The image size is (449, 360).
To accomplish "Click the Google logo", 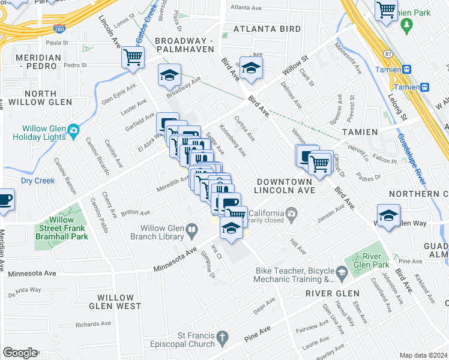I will pyautogui.click(x=20, y=353).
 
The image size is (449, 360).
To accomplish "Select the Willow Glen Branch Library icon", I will pyautogui.click(x=191, y=228).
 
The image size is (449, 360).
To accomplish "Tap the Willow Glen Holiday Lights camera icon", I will pyautogui.click(x=73, y=130).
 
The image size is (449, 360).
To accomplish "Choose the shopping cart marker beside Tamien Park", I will pyautogui.click(x=386, y=10).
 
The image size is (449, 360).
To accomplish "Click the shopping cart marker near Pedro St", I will pyautogui.click(x=132, y=58).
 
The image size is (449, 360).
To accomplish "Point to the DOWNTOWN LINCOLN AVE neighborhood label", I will pyautogui.click(x=285, y=185).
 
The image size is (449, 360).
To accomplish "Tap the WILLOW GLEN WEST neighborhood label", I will pyautogui.click(x=115, y=302).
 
